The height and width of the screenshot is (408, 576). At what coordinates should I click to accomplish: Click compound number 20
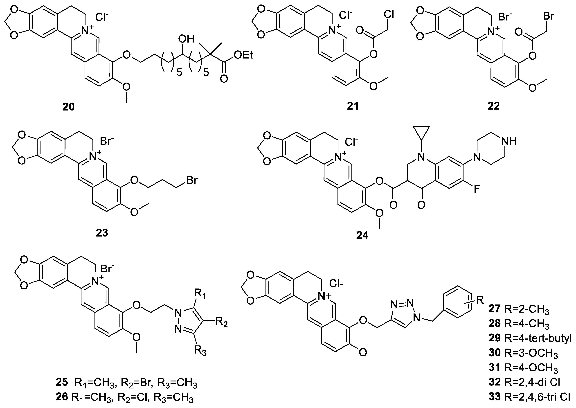pos(69,107)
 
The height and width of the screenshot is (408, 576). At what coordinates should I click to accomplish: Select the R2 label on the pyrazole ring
pos(222,323)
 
